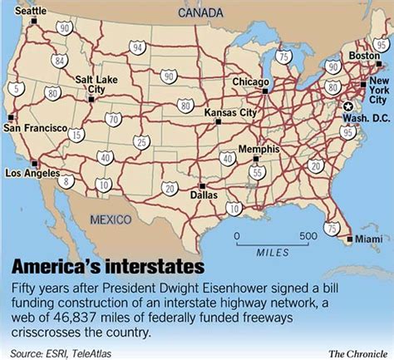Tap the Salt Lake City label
(x=93, y=84)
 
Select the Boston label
(x=364, y=56)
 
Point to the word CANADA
(x=199, y=12)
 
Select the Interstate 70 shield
(x=113, y=120)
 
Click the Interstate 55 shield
(x=259, y=172)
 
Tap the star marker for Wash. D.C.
(x=347, y=106)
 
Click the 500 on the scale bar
(x=308, y=235)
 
